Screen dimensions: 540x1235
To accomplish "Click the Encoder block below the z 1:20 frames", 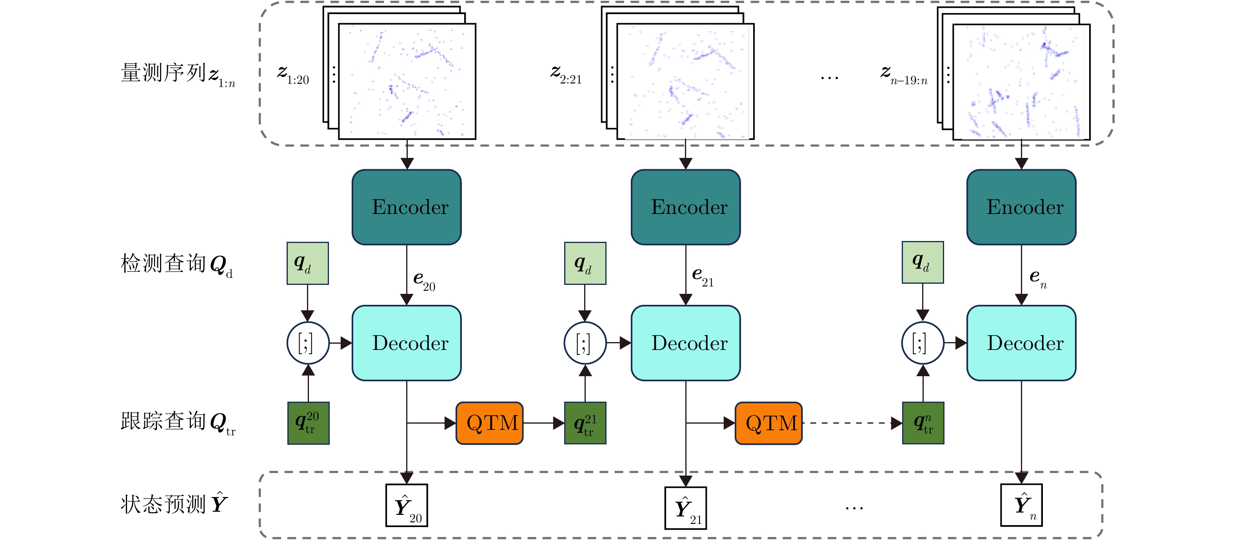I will [x=407, y=207].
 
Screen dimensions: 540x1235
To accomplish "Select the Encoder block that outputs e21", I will [x=686, y=207].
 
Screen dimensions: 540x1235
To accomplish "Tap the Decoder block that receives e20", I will [x=407, y=343].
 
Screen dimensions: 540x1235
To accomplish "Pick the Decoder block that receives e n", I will [x=1021, y=343].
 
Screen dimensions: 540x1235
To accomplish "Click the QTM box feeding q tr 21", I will [x=490, y=423].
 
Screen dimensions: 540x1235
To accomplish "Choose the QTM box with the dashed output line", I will [x=768, y=423].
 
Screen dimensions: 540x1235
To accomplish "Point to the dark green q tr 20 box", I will [x=308, y=423].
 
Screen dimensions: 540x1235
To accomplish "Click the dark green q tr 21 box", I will [x=585, y=423].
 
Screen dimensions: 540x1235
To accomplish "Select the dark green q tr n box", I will [x=923, y=423].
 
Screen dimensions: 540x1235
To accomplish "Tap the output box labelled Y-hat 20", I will [x=407, y=506].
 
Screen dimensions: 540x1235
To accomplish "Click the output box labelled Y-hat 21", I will [x=686, y=508].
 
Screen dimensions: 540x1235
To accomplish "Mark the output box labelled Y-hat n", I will [x=1021, y=505].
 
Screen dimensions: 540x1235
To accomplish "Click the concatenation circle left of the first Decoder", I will [x=308, y=343].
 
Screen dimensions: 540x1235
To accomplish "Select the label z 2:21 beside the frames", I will [x=566, y=75].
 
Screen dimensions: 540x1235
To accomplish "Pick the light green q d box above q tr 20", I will [x=308, y=263].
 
